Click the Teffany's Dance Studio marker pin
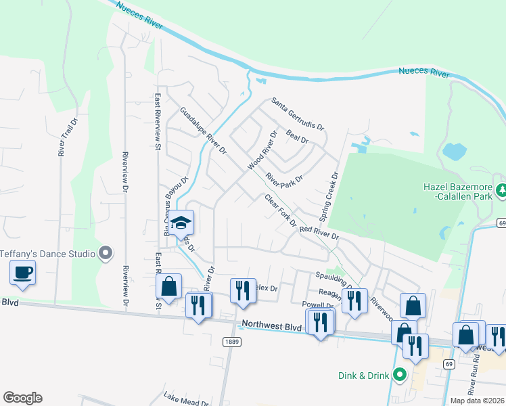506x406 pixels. (x=106, y=253)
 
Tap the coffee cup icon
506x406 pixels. (x=22, y=273)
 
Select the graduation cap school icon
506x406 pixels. (x=181, y=223)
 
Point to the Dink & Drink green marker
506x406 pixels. (x=400, y=374)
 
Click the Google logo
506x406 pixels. (x=22, y=398)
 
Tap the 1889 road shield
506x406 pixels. (x=230, y=342)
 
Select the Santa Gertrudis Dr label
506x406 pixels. (x=298, y=114)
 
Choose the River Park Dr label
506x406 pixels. (x=284, y=179)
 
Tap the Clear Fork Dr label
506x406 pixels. (x=281, y=210)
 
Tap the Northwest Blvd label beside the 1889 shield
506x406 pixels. (x=272, y=326)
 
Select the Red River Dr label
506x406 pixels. (x=319, y=233)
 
